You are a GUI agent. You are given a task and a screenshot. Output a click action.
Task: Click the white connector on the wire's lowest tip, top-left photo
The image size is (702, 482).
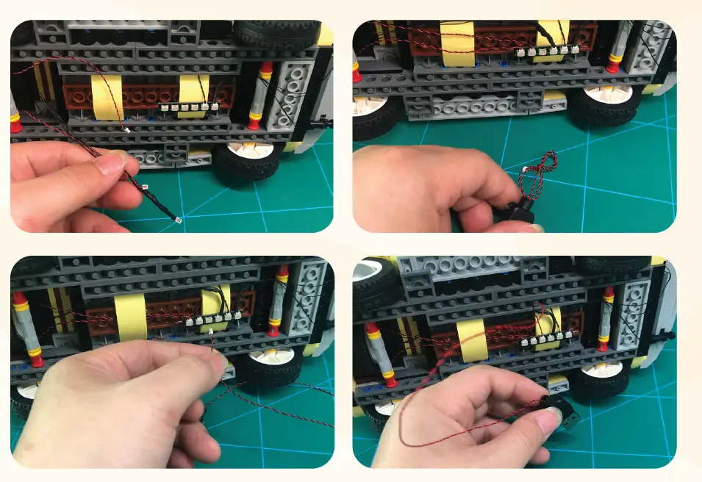[178, 220]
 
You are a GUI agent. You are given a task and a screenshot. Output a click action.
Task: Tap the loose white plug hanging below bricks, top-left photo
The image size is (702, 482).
[127, 131]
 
